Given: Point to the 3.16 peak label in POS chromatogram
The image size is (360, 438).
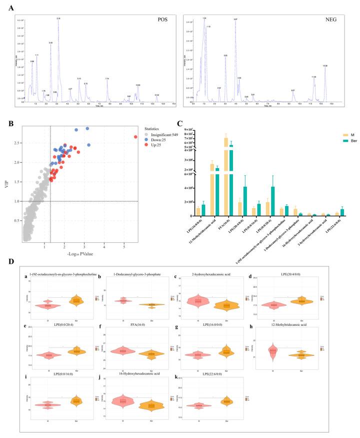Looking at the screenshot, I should coord(58,19).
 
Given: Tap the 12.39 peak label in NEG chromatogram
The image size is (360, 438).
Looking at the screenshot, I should coord(325,66).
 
